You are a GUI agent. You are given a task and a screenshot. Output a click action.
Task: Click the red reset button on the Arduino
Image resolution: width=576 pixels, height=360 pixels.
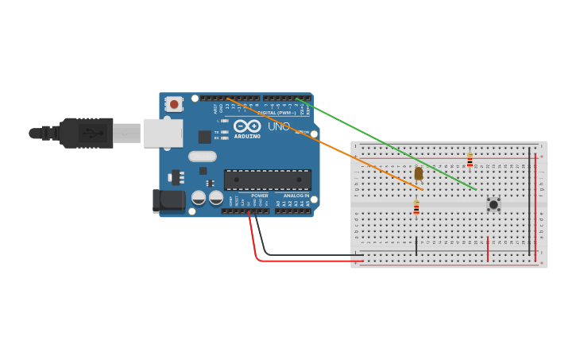click(x=174, y=104)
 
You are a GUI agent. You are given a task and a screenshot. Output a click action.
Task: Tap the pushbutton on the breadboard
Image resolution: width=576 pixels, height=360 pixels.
click(x=493, y=204)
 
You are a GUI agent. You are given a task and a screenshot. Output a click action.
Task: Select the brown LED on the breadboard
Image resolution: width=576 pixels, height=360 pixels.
click(x=419, y=173)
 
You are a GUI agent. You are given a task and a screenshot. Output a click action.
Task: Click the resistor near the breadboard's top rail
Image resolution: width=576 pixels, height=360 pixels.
click(x=470, y=161)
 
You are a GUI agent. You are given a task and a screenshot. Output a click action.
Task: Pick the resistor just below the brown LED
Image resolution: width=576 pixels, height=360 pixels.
click(x=416, y=208)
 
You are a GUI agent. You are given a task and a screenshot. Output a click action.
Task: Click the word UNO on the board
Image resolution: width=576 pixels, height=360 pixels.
click(x=279, y=126)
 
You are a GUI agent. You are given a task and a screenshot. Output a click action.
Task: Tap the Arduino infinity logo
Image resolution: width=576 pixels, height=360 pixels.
click(x=246, y=126)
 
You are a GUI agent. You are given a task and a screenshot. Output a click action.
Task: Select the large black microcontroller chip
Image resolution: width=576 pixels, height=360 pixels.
click(x=267, y=180)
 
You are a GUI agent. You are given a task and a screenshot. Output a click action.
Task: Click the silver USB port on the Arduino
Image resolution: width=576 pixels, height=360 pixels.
click(x=163, y=133)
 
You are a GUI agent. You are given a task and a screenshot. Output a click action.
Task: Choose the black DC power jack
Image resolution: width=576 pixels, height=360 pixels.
click(x=168, y=201)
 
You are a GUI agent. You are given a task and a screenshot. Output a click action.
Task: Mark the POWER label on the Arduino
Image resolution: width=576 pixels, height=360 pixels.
click(x=260, y=195)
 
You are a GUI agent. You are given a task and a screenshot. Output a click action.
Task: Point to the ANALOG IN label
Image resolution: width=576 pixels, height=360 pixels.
click(x=296, y=195)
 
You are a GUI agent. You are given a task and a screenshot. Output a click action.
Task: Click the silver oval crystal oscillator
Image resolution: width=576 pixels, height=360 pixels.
click(x=203, y=157)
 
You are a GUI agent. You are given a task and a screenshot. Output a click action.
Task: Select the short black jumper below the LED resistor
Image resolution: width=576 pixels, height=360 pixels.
click(x=416, y=246)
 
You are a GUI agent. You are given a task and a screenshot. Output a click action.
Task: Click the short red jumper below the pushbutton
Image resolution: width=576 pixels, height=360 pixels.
click(x=488, y=248)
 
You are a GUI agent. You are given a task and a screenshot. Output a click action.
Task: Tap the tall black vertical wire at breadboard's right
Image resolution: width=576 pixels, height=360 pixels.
click(x=529, y=201)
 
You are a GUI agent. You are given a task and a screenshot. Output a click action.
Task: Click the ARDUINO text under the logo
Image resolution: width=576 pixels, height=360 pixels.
click(x=247, y=136)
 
